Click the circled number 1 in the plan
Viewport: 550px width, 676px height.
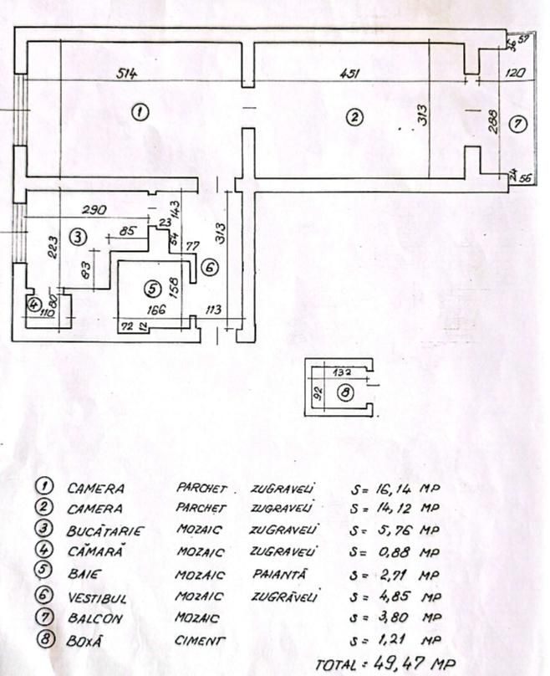tap(141, 111)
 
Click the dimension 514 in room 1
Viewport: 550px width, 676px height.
tap(127, 74)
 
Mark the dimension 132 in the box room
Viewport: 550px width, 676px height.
tap(343, 372)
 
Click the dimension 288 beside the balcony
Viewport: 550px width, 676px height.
tap(491, 123)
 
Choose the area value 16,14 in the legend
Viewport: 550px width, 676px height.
tap(398, 487)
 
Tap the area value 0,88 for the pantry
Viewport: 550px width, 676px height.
tap(395, 552)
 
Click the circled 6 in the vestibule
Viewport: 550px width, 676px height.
tap(209, 268)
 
